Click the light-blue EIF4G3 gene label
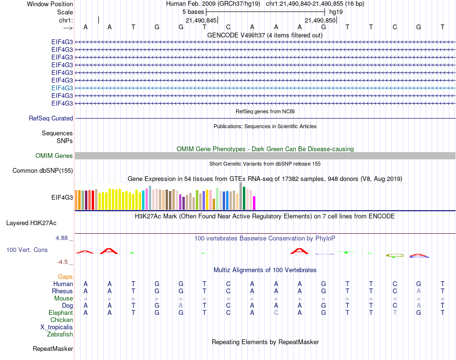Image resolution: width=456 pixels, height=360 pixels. [62, 88]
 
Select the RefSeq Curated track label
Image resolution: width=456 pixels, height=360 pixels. [51, 118]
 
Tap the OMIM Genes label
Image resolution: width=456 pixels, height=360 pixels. [54, 156]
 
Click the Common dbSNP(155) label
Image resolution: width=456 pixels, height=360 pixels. [43, 170]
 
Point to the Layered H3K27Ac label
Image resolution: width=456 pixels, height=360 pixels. [31, 223]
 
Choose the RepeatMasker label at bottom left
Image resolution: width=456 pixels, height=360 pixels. [53, 348]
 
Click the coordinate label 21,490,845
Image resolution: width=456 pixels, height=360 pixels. [201, 21]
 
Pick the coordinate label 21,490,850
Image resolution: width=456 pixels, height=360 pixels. [320, 21]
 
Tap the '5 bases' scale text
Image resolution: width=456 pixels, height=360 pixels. [193, 12]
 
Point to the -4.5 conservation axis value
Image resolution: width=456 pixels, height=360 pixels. [64, 262]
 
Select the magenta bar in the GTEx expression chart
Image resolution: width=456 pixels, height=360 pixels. [254, 203]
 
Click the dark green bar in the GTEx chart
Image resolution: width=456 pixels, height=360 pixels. [244, 198]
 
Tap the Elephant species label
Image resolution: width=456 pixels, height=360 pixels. [61, 312]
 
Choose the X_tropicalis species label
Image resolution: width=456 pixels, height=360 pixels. [57, 327]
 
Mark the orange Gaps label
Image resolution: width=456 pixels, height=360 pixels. [65, 276]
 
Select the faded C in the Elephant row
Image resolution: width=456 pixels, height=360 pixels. [276, 312]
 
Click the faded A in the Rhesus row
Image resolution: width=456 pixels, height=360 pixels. [419, 291]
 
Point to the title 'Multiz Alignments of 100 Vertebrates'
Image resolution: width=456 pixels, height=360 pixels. [265, 270]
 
